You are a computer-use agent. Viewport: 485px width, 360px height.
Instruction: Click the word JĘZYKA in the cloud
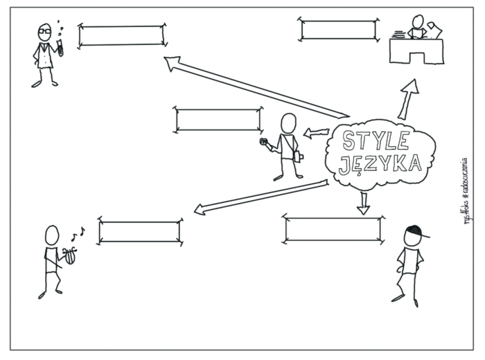click(x=380, y=164)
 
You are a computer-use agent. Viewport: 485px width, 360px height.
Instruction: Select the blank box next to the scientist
click(x=122, y=35)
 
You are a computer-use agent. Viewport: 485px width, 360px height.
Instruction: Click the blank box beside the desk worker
click(x=339, y=29)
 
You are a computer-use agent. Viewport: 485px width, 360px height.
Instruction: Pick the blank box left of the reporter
click(x=218, y=119)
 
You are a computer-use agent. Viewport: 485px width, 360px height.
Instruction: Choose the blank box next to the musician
click(x=140, y=232)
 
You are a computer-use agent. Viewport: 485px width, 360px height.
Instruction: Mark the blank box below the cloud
click(x=333, y=228)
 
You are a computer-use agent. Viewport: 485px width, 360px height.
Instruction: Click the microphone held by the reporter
click(x=263, y=143)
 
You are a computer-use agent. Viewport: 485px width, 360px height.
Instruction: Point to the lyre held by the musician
click(x=69, y=255)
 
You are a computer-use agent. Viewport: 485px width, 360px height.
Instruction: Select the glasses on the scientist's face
click(x=44, y=32)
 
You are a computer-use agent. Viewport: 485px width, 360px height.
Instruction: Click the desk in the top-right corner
click(x=416, y=51)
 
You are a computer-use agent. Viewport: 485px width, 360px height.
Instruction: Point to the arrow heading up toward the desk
click(x=408, y=98)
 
